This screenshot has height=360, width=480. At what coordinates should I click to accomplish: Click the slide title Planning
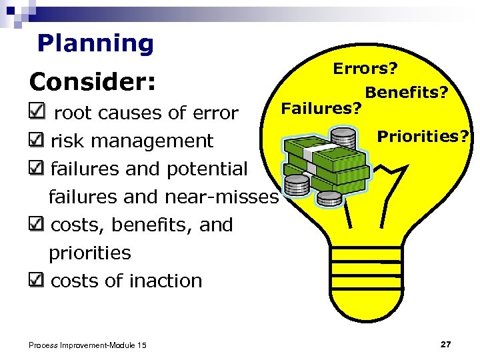point(95,43)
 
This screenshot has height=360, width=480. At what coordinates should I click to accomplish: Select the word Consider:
point(93,82)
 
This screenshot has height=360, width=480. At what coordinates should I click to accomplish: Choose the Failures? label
point(322,107)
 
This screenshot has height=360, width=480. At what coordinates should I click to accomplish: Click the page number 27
point(446,344)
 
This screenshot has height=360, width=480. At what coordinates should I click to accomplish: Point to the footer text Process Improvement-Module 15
point(87,345)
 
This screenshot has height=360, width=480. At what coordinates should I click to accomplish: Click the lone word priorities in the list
point(90,253)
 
